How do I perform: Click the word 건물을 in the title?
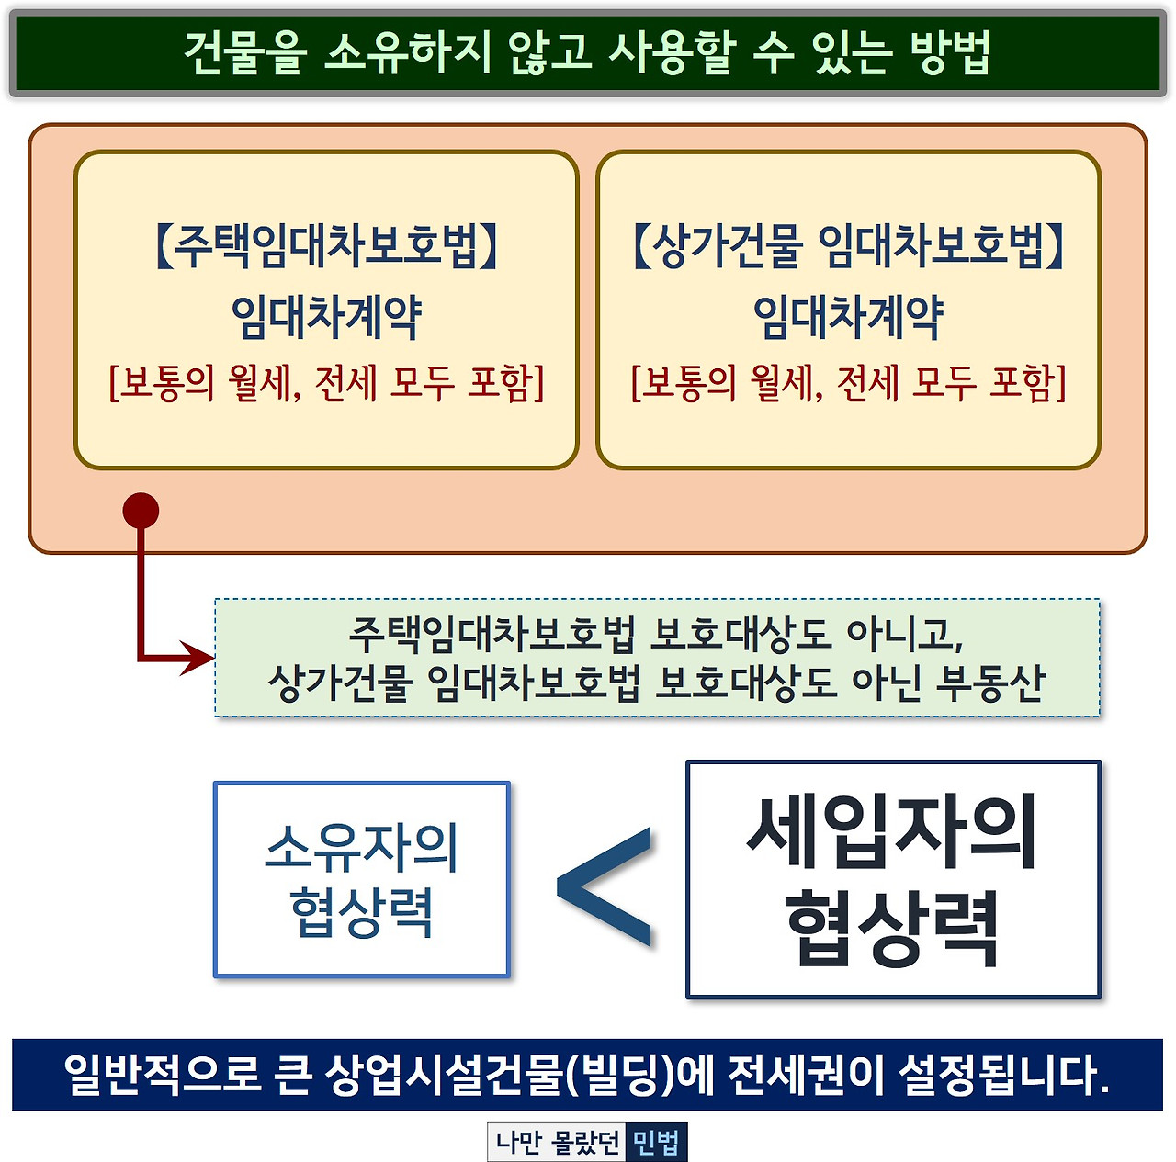coord(243,51)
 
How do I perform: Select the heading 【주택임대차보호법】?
coord(326,245)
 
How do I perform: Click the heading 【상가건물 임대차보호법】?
coord(848,245)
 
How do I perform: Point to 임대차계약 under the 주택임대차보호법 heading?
coord(326,316)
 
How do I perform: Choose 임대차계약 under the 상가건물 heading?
coord(848,316)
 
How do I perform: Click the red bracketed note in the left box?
coord(326,382)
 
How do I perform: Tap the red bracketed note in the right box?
coord(848,382)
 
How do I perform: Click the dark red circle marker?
coord(141,511)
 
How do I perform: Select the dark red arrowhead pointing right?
coord(198,659)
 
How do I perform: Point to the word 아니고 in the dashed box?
coord(904,633)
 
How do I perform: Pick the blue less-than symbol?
coord(606,886)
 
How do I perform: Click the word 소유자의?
coord(361,847)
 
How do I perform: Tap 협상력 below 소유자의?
coord(361,912)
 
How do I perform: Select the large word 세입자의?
coord(892,832)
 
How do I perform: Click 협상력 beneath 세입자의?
coord(892,928)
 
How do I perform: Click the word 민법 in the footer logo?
coord(656,1142)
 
